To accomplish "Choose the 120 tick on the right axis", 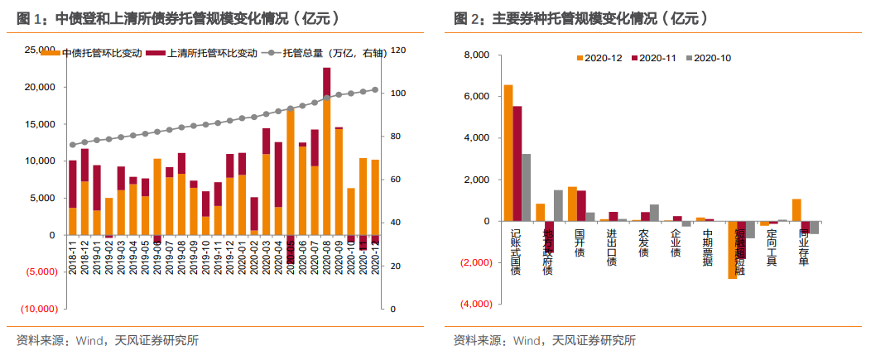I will click(398, 50).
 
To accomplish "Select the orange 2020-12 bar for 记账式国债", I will click(508, 153).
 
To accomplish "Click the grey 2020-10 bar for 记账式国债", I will click(527, 188).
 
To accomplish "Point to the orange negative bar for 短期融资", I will click(732, 250).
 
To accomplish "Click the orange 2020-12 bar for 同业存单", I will click(796, 210).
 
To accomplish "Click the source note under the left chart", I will click(108, 340).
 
